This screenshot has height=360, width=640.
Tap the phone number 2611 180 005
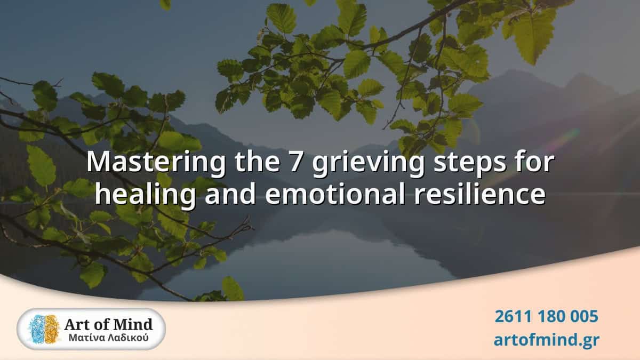click(x=546, y=316)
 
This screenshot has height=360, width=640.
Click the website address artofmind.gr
click(x=546, y=339)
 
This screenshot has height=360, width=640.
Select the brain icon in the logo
click(x=44, y=329)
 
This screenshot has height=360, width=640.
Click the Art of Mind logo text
click(x=108, y=323)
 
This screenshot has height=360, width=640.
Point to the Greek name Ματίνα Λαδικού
click(x=108, y=338)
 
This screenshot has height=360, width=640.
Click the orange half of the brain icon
click(x=51, y=329)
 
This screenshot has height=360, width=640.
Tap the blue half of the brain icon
click(x=36, y=329)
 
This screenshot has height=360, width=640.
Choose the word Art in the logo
click(x=76, y=323)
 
